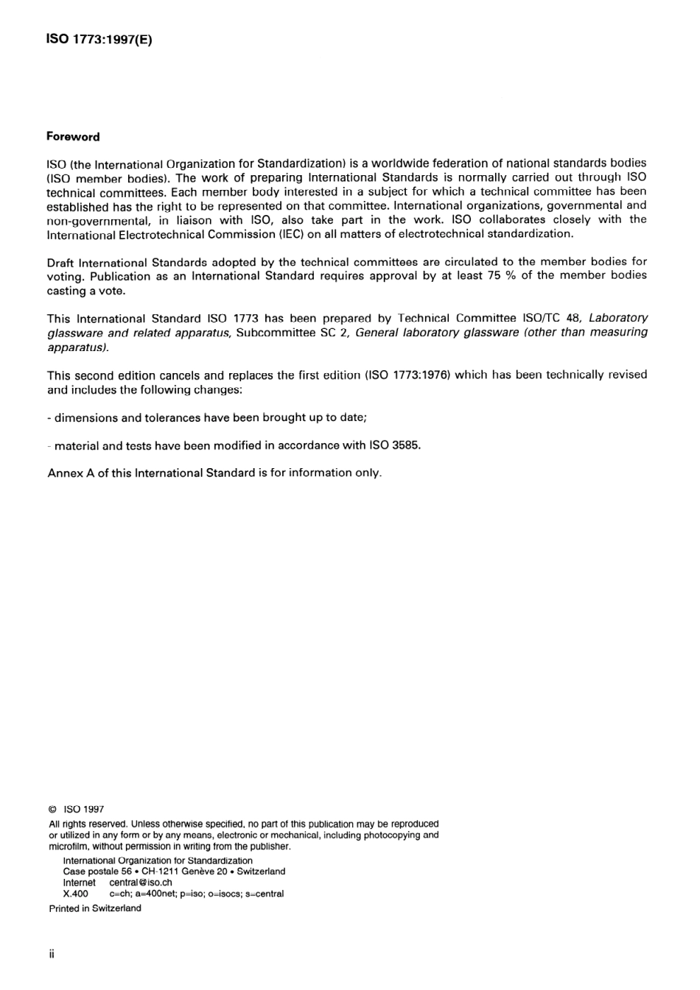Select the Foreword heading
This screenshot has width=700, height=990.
(x=73, y=137)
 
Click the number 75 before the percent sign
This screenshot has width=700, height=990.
(x=494, y=275)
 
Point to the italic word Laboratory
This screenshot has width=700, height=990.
(x=618, y=318)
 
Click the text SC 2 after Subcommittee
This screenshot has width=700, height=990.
(x=333, y=332)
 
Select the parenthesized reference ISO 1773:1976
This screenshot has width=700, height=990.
(x=407, y=375)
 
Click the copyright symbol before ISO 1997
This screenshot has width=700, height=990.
(x=52, y=809)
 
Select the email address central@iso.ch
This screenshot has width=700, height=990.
(x=141, y=883)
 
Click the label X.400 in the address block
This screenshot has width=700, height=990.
(x=76, y=894)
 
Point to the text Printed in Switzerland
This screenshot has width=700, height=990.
(x=95, y=908)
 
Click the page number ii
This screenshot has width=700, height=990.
(x=52, y=954)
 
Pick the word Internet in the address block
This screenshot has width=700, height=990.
(x=79, y=883)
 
